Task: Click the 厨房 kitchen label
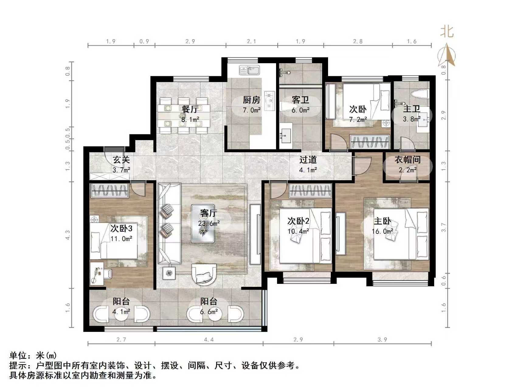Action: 251,100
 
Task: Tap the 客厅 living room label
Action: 209,213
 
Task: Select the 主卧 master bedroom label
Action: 382,221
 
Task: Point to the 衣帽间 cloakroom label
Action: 407,160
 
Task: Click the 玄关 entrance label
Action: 121,160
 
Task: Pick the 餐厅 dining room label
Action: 190,109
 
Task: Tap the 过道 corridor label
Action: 308,160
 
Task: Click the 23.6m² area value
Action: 209,224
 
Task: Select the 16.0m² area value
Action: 382,232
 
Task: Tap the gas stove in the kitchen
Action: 269,100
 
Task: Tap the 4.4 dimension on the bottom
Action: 209,339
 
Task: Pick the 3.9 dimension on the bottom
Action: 382,339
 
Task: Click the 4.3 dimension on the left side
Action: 67,235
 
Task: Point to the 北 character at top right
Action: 447,32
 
